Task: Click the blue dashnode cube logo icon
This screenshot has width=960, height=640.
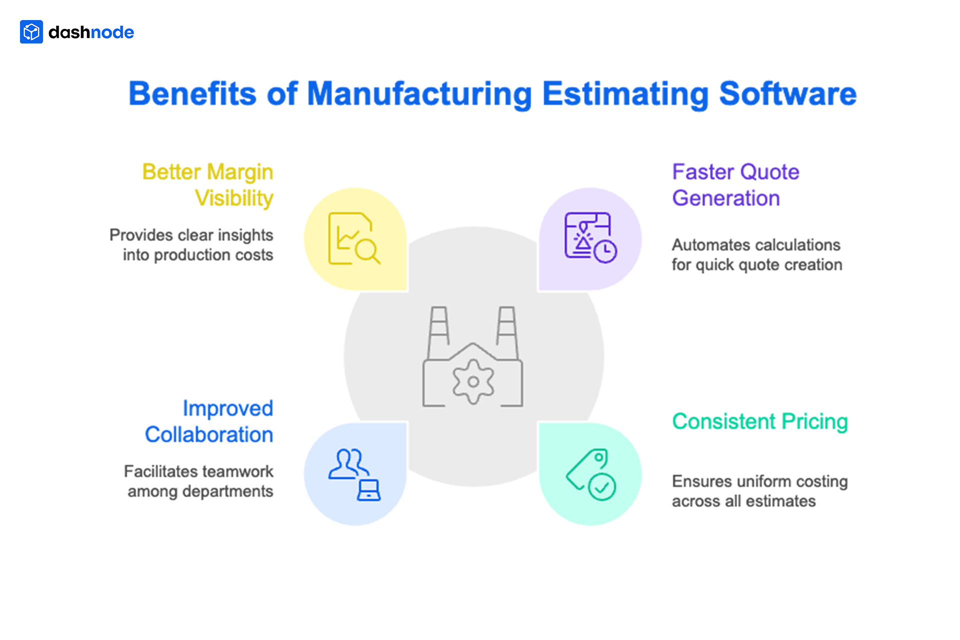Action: [x=31, y=32]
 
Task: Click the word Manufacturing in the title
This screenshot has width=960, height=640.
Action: [x=419, y=94]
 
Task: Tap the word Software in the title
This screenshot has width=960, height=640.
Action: [x=787, y=94]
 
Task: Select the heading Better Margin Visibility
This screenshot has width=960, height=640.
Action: [x=208, y=185]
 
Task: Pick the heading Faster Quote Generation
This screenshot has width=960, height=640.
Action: [x=735, y=185]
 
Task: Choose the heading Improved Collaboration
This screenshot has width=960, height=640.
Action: [x=209, y=421]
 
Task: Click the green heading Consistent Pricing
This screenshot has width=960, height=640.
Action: [x=759, y=421]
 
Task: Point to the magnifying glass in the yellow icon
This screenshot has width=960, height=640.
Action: [x=367, y=251]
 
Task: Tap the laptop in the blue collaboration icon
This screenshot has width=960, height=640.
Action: [x=369, y=490]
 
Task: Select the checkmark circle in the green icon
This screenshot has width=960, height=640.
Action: [x=602, y=487]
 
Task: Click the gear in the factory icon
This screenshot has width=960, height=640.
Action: [x=473, y=382]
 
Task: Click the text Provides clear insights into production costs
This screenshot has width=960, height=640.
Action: [x=191, y=245]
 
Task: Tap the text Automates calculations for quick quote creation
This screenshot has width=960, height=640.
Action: [x=756, y=255]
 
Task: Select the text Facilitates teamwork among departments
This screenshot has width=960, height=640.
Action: [x=199, y=481]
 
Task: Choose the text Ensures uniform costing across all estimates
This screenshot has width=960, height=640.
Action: [x=759, y=491]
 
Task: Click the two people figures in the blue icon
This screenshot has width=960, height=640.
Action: [x=348, y=463]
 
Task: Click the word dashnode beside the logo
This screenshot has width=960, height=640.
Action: [x=91, y=32]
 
